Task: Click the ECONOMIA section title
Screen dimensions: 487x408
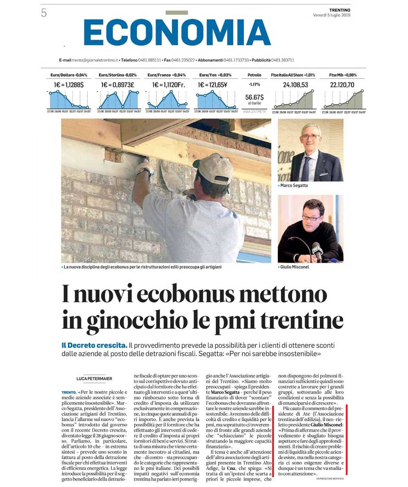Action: coord(177,32)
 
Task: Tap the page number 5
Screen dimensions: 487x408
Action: coord(44,13)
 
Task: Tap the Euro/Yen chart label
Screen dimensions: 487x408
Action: coord(215,75)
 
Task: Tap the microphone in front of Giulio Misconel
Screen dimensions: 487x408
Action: coord(316,250)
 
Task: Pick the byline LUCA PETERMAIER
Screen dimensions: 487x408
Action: coord(94,379)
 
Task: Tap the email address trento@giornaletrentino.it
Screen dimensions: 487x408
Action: coord(95,60)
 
